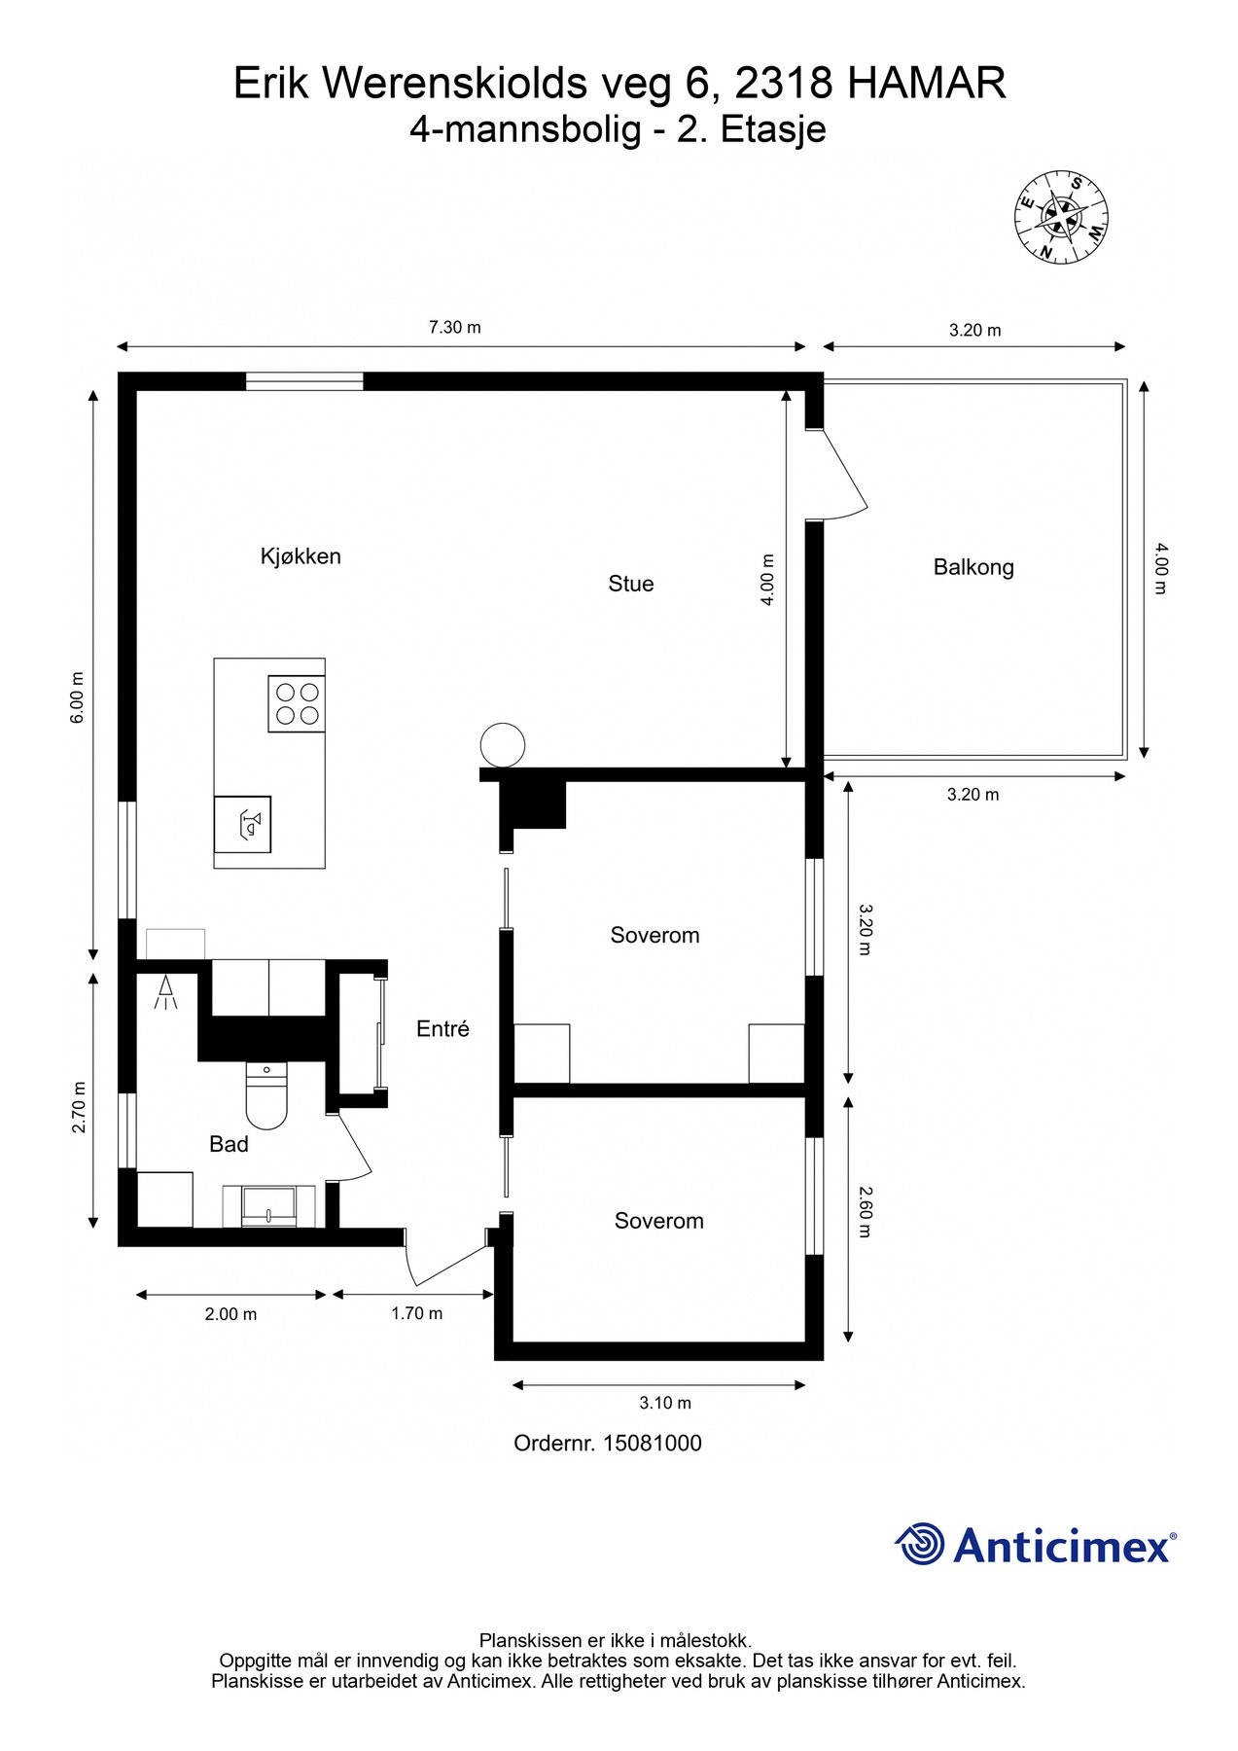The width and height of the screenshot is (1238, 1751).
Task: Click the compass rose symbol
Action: click(x=1062, y=217)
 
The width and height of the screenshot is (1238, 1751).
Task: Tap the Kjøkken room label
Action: click(x=301, y=556)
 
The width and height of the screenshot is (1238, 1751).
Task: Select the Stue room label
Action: click(x=631, y=584)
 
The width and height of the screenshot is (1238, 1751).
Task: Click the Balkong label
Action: click(x=973, y=567)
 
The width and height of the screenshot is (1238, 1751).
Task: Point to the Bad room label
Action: click(x=230, y=1144)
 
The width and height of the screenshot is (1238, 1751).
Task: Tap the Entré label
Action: click(x=442, y=1028)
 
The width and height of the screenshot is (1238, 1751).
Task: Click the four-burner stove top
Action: click(x=297, y=704)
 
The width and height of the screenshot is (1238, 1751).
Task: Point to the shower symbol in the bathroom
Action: click(x=166, y=992)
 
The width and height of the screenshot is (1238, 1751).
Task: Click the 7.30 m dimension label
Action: click(x=455, y=327)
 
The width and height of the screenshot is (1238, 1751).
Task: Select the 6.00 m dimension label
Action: click(x=79, y=697)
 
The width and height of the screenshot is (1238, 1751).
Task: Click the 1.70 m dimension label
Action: click(x=417, y=1313)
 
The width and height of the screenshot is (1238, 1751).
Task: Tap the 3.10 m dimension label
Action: click(x=665, y=1403)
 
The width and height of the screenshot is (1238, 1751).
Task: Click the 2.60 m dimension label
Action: click(x=866, y=1211)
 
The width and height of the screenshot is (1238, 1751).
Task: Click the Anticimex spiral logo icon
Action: click(x=920, y=1544)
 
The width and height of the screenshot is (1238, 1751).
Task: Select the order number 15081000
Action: click(x=653, y=1443)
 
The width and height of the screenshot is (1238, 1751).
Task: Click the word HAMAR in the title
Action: click(x=926, y=84)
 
